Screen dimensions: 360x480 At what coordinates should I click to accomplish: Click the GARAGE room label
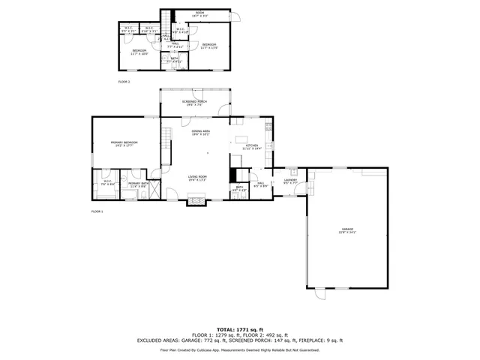tap(347, 230)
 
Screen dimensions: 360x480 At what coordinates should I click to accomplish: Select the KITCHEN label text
tap(250, 146)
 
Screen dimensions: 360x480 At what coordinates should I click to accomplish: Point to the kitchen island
tap(241, 139)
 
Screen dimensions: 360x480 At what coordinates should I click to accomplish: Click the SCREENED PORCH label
tap(195, 103)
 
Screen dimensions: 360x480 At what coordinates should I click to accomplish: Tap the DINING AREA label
tap(200, 132)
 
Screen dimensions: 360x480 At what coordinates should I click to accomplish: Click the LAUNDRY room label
tap(291, 181)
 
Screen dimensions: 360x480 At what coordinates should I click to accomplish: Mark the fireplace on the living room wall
tap(196, 200)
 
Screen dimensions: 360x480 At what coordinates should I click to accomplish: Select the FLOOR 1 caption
tap(97, 211)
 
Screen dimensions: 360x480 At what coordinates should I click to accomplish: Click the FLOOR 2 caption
tap(124, 81)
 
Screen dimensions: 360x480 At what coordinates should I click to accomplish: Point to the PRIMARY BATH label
tap(137, 184)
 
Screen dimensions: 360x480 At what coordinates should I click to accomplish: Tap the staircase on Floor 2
tap(168, 19)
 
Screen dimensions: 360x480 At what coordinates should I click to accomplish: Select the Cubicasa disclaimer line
tap(240, 349)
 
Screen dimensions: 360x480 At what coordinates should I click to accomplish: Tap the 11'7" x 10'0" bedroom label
tap(139, 52)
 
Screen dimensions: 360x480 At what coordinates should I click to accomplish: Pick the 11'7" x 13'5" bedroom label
tap(209, 46)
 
